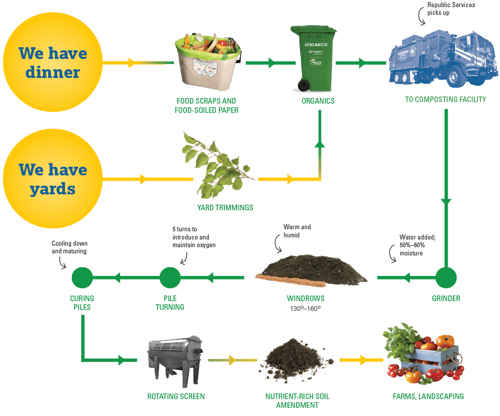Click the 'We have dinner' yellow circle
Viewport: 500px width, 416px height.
click(x=52, y=63)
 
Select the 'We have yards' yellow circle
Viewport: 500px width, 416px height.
click(x=52, y=180)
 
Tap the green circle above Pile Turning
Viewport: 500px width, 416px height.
click(x=170, y=278)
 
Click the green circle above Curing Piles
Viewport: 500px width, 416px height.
click(x=82, y=278)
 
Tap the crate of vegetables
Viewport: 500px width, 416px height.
click(x=424, y=356)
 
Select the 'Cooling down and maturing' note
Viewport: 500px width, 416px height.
click(x=69, y=247)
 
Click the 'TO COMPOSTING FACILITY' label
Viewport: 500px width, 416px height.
click(x=445, y=100)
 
